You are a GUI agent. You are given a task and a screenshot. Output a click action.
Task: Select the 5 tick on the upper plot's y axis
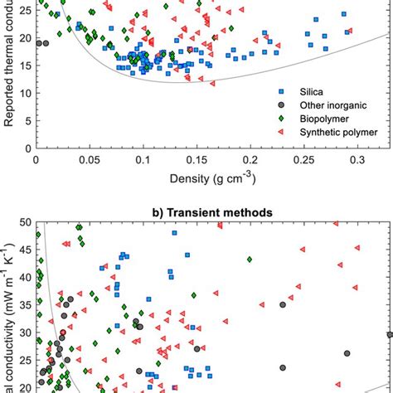(27, 121)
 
